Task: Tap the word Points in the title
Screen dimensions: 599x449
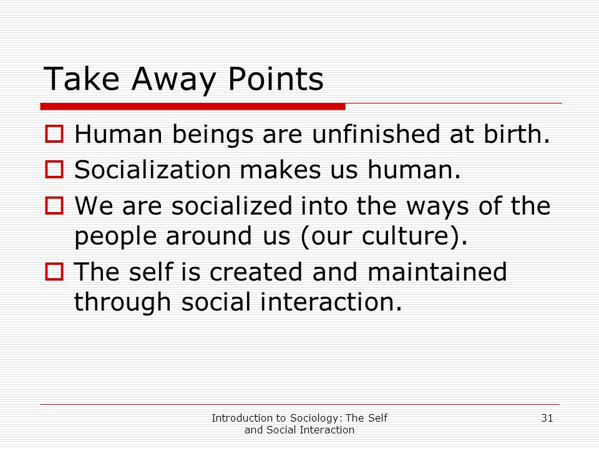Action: click(x=276, y=79)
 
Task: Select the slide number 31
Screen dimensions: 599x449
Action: click(x=547, y=418)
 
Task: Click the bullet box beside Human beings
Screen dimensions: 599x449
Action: click(x=54, y=134)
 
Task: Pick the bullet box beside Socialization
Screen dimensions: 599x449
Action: click(x=54, y=170)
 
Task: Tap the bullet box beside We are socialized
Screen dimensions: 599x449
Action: click(x=54, y=205)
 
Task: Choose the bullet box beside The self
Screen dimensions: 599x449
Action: click(x=54, y=271)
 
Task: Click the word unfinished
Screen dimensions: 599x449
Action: click(x=376, y=134)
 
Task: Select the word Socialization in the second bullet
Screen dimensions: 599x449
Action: click(x=152, y=170)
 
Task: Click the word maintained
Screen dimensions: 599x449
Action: click(x=437, y=271)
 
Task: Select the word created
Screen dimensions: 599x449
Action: click(x=256, y=271)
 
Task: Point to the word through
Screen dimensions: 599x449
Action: click(x=122, y=303)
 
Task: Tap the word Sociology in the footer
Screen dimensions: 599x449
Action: click(x=314, y=418)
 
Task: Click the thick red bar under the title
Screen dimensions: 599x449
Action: click(x=193, y=107)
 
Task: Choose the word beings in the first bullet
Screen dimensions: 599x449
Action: click(x=213, y=135)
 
